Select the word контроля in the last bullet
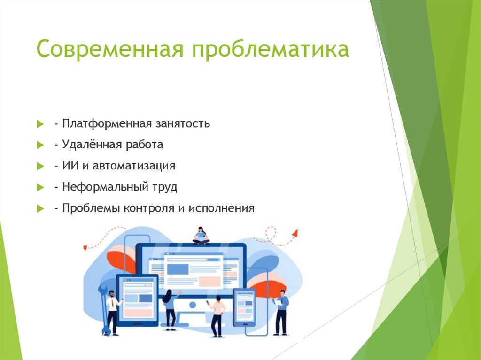(149, 208)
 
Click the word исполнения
(221, 208)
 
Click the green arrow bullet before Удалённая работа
(40, 146)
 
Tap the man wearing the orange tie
(112, 312)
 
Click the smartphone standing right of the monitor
(244, 307)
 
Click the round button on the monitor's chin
(192, 305)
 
